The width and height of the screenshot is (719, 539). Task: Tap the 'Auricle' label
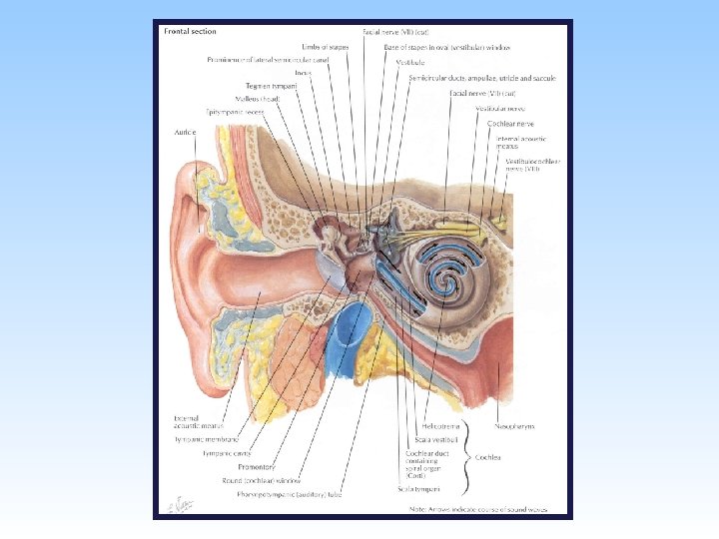184,132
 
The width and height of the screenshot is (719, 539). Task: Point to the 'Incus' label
304,73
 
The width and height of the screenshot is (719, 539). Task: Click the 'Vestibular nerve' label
500,108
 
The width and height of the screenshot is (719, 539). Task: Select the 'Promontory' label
257,466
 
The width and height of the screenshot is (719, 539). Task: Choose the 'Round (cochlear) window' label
269,480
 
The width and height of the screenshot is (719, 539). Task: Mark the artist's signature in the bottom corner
179,505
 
